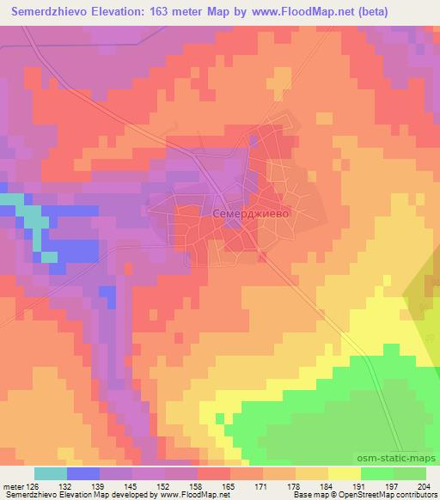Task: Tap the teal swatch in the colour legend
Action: click(50, 473)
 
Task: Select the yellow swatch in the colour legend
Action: click(344, 473)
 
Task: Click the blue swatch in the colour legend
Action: click(82, 473)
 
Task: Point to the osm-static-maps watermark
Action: click(404, 460)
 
